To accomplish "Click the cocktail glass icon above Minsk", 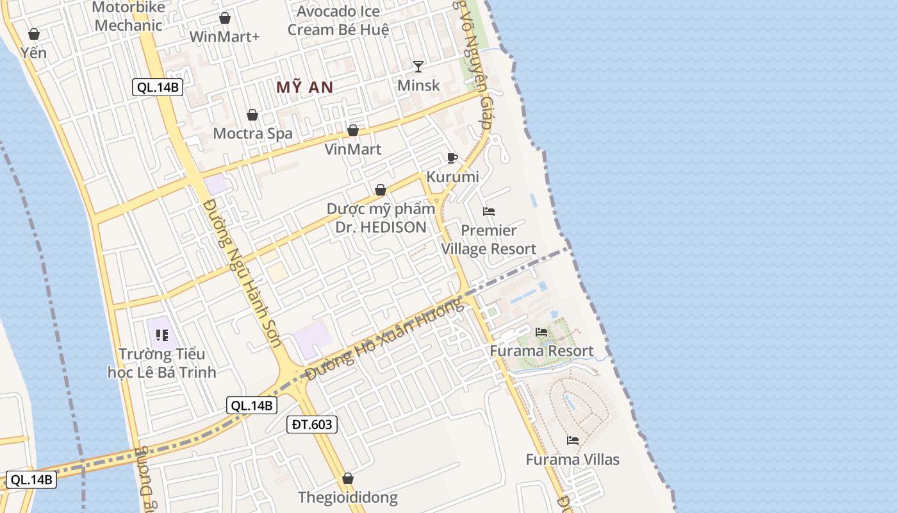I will click(418, 66).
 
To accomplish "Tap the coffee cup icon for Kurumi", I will click(452, 158).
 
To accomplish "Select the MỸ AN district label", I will click(305, 87).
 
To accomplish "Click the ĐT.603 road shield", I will click(311, 424).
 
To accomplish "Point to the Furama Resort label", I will click(542, 351).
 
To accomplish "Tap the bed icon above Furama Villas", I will click(573, 441).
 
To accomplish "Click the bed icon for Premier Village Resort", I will click(489, 212).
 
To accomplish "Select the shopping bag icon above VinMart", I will click(353, 131).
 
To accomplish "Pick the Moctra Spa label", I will click(252, 133).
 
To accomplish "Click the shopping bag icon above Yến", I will click(34, 34).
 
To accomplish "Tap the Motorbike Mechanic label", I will click(129, 17).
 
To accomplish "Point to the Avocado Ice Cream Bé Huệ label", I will click(338, 21).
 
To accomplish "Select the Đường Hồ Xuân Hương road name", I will click(384, 341).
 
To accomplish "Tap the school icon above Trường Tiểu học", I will click(162, 335).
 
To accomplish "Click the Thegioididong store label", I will click(348, 497).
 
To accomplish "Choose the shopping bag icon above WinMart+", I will click(225, 18).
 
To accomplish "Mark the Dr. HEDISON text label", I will click(381, 227).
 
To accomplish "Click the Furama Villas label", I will click(573, 459).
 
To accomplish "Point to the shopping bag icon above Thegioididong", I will click(348, 478).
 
